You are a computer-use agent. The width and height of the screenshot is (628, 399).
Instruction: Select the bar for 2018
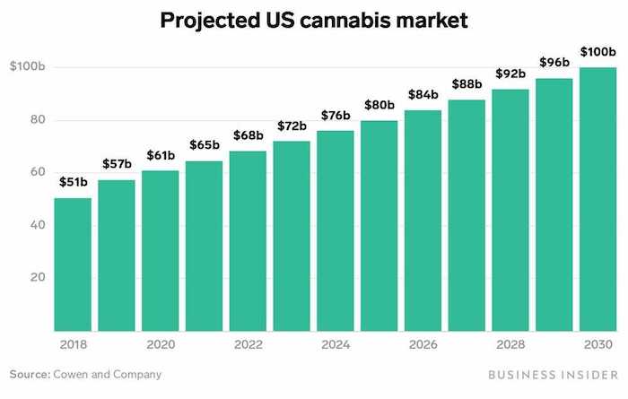73,265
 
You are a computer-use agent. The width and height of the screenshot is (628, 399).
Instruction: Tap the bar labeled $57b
117,256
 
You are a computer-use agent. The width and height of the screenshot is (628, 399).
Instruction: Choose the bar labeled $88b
467,215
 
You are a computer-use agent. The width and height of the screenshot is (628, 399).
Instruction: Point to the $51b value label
73,182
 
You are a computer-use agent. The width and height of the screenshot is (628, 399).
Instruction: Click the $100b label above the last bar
597,51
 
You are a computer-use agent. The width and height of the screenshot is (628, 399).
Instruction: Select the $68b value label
248,135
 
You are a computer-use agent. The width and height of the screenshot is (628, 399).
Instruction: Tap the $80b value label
379,105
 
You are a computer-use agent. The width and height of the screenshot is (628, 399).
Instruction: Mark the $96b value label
554,63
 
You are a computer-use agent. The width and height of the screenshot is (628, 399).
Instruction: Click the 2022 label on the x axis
248,343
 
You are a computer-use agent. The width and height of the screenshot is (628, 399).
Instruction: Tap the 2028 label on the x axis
510,343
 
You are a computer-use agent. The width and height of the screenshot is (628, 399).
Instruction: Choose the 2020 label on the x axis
161,343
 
